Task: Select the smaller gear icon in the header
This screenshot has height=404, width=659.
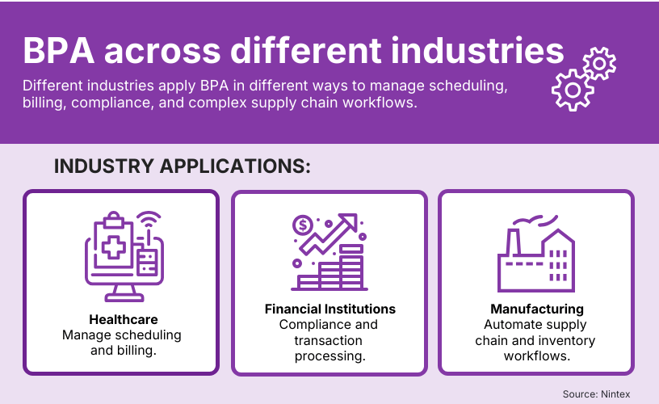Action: [x=599, y=63]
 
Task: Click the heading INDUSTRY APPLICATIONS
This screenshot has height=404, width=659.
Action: [x=183, y=166]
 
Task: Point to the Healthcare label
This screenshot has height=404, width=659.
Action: [x=123, y=320]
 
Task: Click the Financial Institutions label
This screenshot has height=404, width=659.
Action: [x=330, y=309]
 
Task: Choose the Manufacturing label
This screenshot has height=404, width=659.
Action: [x=537, y=309]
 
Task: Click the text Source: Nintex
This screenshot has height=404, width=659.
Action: [x=596, y=393]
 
